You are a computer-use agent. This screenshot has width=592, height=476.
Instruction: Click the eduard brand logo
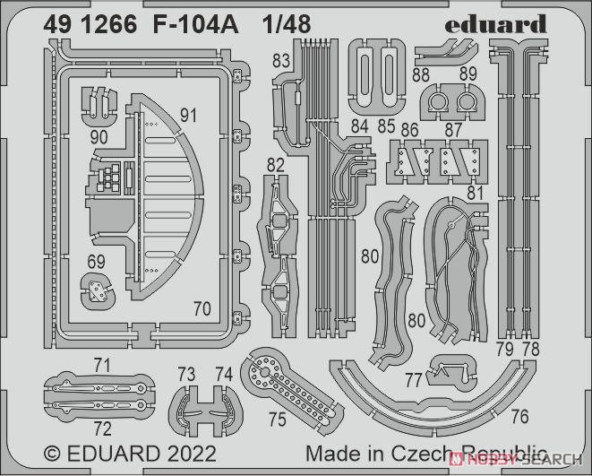point(496,24)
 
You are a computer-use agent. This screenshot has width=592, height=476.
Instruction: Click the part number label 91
point(188,116)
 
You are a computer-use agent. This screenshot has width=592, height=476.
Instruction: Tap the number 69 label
point(96,262)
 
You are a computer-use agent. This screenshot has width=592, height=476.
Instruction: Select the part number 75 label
point(278,419)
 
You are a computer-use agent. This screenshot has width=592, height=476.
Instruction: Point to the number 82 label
point(276,166)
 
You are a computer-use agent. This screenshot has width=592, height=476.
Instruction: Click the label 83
point(281,61)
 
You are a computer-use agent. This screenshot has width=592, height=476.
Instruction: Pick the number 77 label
point(413,380)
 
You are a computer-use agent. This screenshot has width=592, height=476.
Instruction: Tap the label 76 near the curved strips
point(519,417)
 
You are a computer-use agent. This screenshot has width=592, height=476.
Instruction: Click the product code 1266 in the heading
point(108,25)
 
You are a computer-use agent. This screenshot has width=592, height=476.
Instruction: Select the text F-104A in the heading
point(195,25)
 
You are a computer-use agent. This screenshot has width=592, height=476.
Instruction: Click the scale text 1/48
point(287,25)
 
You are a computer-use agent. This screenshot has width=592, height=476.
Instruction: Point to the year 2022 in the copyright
point(193,454)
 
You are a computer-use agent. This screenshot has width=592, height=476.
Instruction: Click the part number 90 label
point(99,137)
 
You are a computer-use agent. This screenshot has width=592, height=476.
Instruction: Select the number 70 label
point(202,309)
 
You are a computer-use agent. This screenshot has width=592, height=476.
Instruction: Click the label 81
point(475,193)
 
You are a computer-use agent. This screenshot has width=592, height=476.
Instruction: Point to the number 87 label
point(453,130)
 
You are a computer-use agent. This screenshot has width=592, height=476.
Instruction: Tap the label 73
point(186,375)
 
